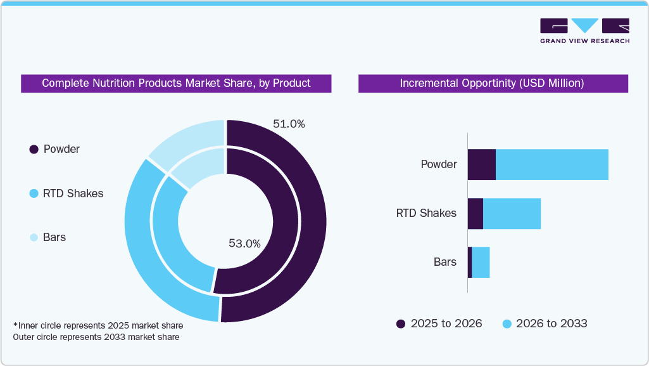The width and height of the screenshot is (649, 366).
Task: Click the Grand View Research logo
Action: (x=584, y=30)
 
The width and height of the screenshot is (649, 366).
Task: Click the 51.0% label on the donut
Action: (x=289, y=124)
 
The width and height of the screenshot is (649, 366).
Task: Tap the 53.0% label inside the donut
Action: (x=244, y=243)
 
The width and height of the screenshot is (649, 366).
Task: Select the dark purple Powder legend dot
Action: (x=34, y=150)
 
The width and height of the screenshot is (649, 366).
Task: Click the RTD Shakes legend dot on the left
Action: (x=34, y=193)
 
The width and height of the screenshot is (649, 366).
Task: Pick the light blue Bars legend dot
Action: (x=34, y=238)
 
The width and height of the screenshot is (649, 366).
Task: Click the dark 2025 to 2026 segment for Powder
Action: (x=481, y=165)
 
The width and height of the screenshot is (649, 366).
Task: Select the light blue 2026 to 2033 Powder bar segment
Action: (x=551, y=165)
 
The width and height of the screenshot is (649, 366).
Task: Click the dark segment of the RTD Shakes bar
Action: (x=475, y=214)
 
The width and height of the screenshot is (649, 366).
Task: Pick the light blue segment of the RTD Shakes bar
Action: (x=512, y=214)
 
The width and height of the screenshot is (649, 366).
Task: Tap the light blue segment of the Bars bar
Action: (x=481, y=262)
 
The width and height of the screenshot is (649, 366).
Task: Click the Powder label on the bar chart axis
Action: (x=438, y=165)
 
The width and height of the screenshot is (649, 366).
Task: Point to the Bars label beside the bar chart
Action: (x=444, y=262)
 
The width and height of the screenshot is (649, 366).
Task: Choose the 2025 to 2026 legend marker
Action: (x=401, y=324)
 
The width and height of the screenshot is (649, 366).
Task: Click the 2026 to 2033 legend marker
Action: (x=507, y=324)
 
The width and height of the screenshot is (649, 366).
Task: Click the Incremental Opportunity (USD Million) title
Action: (x=492, y=84)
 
